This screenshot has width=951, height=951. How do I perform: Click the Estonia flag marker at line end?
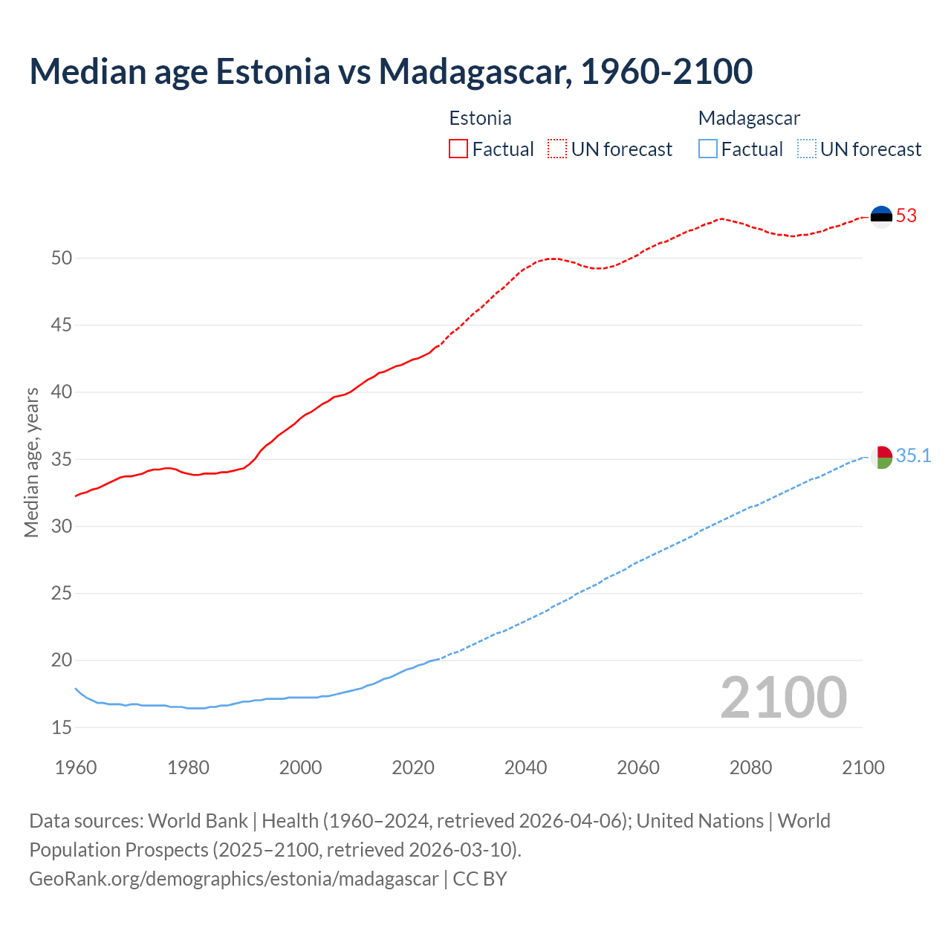click(881, 216)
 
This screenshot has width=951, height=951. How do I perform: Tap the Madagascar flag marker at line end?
click(881, 457)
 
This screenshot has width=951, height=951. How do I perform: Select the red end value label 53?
click(906, 216)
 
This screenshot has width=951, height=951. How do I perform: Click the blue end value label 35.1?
click(913, 456)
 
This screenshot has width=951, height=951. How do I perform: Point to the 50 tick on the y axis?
click(62, 259)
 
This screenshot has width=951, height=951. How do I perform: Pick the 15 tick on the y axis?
click(62, 728)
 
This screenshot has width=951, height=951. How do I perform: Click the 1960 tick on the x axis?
click(76, 767)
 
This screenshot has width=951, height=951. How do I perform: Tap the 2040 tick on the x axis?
click(525, 767)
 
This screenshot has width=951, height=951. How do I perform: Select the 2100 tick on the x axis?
click(863, 767)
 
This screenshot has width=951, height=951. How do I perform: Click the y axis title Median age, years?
click(31, 462)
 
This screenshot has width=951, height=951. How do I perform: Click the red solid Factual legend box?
click(458, 149)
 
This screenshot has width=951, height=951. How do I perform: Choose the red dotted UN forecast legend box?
click(557, 149)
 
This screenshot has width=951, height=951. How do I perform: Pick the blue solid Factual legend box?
click(708, 149)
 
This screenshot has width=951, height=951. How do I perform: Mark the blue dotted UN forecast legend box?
click(807, 149)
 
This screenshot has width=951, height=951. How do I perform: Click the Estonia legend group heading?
click(480, 118)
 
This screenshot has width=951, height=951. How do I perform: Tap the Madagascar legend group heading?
click(749, 118)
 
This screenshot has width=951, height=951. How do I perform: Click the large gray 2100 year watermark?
click(783, 697)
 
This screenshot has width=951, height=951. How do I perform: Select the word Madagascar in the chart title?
click(475, 71)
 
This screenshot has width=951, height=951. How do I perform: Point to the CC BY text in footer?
click(480, 879)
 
